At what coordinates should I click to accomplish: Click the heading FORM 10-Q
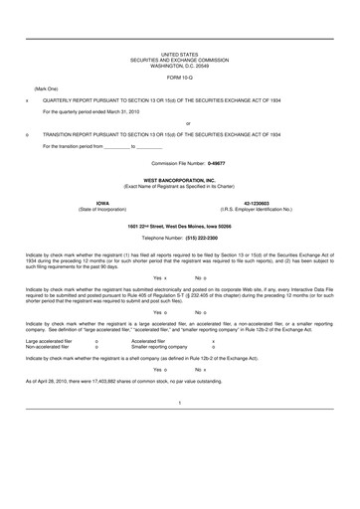[x=180, y=77]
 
